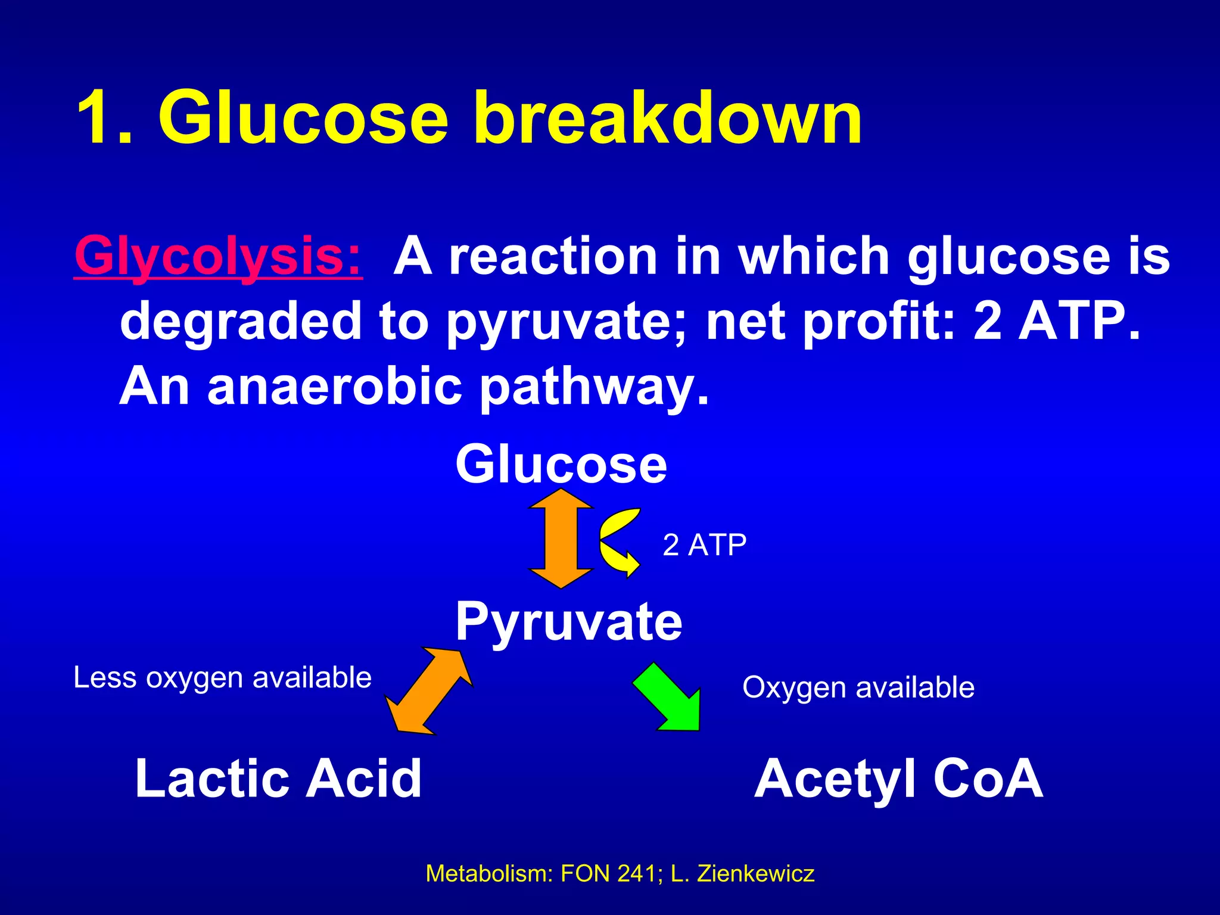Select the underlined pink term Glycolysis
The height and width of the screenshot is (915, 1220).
coord(218,257)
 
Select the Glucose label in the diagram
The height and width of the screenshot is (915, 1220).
coord(561,465)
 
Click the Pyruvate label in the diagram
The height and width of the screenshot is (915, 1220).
coord(569,622)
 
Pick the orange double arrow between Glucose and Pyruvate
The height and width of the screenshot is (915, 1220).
coord(561,539)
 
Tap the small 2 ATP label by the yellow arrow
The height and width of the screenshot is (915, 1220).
coord(704,545)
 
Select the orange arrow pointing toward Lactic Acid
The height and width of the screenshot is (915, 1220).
coord(429,692)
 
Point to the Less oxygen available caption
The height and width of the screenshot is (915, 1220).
coord(222,678)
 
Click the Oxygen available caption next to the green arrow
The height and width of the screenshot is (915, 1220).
coord(858,687)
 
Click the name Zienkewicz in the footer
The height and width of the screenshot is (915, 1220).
coord(755,873)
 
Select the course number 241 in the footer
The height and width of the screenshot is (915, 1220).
coord(637,873)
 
